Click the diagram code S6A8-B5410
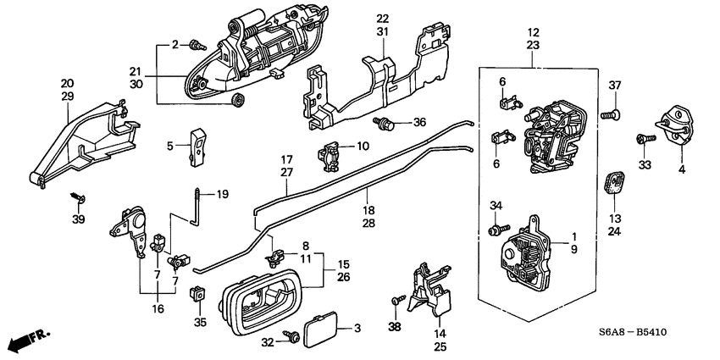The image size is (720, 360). click(634, 332)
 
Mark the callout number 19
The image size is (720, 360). click(223, 195)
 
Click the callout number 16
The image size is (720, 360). click(157, 309)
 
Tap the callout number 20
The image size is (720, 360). click(67, 83)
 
